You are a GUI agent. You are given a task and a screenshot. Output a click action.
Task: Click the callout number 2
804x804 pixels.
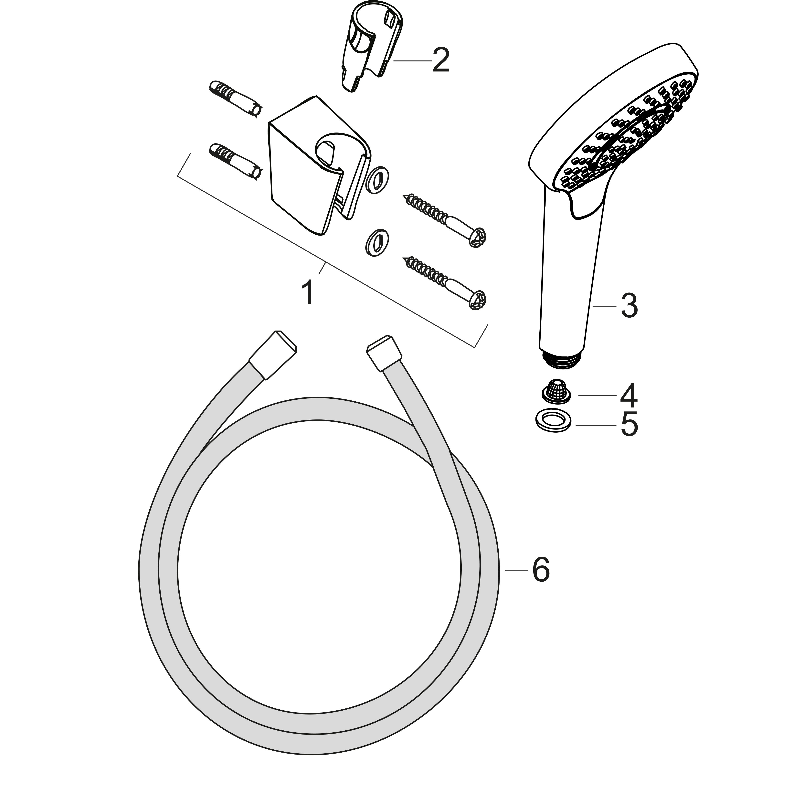[x=441, y=60]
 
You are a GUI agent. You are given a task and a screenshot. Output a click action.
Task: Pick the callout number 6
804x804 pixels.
[x=541, y=570]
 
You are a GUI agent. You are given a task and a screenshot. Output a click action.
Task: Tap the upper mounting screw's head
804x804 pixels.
[x=477, y=237]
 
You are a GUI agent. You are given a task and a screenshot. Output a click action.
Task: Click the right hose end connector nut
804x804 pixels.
[x=385, y=353]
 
